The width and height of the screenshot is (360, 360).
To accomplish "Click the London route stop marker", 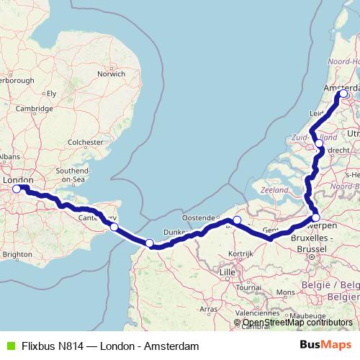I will pos(17,189).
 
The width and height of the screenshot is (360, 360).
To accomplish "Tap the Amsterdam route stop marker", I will pos(343,94).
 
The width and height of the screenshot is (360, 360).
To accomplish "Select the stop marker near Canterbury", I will pos(114,227).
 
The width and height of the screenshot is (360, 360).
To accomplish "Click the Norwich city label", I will pos(112,73).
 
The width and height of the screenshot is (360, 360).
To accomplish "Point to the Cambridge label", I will pos(35,108).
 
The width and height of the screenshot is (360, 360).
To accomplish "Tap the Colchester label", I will pos(85,143).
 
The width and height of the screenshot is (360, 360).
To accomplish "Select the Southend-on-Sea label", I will pos(71,174).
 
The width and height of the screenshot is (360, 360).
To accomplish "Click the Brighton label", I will pos(17,254).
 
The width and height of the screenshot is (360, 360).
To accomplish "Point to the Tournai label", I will pos(248,287).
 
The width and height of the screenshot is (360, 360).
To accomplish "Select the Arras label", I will pos(208,308).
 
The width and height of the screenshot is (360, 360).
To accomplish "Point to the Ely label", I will pos(51,94).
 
